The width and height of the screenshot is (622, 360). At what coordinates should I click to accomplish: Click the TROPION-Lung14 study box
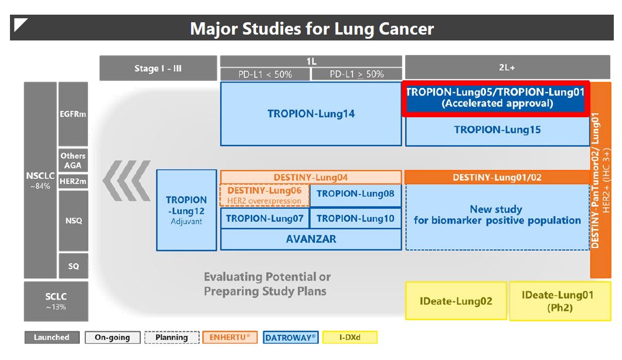click(311, 114)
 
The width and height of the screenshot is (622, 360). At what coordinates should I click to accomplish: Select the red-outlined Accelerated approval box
click(497, 98)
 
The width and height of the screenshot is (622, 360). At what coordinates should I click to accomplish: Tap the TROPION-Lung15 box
click(497, 130)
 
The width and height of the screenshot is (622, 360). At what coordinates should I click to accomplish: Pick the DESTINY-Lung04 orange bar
click(311, 177)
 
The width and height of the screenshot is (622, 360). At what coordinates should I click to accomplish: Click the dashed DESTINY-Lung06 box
click(264, 195)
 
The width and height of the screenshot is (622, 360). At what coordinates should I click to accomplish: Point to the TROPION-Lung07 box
click(264, 219)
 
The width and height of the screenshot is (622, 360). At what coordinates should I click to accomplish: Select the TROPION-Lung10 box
click(355, 219)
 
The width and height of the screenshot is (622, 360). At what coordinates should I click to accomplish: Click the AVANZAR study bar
click(311, 239)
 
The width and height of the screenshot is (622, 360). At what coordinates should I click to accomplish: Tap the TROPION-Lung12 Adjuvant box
click(186, 210)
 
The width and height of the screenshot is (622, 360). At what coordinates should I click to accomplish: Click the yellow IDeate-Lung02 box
click(456, 301)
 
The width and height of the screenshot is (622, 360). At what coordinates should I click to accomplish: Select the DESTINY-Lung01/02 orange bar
click(497, 177)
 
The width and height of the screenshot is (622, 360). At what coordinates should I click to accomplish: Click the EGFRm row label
click(73, 114)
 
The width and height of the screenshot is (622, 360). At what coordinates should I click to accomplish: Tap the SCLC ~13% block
click(56, 301)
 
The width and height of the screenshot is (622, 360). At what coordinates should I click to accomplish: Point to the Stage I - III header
click(158, 69)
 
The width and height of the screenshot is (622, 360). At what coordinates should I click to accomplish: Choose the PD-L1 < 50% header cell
click(264, 74)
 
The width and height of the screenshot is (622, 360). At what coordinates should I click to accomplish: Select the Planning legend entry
click(171, 337)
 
